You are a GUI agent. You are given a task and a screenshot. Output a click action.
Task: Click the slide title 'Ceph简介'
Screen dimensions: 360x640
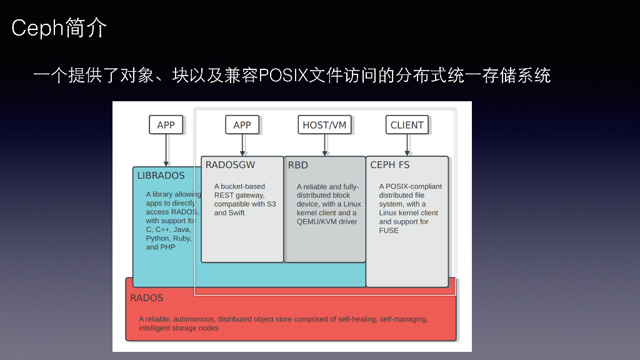point(59,28)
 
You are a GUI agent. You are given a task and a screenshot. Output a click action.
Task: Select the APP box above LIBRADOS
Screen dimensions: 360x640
point(166,125)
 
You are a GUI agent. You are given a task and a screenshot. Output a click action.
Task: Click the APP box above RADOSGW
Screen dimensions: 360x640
point(242,125)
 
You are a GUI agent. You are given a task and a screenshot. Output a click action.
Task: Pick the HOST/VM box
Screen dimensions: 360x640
point(324,125)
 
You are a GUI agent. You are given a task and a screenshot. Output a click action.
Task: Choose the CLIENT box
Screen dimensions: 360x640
point(407,125)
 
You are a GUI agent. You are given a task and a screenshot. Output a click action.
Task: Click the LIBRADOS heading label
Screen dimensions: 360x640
point(161,176)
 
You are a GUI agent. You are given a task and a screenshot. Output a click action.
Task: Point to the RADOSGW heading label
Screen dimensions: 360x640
point(231,165)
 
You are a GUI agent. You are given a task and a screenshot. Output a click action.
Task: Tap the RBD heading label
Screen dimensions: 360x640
point(298,165)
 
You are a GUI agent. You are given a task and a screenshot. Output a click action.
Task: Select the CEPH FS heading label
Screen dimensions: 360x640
point(390,165)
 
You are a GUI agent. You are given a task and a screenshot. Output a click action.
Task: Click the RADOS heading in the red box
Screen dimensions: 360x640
point(147,298)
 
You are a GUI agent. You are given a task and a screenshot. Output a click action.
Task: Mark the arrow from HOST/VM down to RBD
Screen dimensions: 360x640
point(324,145)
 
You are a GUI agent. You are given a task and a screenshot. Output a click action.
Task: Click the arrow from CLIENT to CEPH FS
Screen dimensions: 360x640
point(407,145)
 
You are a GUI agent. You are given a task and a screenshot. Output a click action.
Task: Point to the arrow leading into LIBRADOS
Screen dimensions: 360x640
point(166,150)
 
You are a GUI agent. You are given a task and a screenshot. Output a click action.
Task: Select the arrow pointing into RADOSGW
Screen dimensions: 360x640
point(242,145)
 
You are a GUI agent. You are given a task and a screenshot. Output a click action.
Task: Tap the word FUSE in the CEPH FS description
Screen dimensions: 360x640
point(389,231)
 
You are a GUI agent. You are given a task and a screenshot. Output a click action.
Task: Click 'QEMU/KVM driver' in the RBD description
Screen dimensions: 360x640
point(327,222)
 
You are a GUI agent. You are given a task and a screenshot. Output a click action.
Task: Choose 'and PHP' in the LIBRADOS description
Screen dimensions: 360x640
point(161,247)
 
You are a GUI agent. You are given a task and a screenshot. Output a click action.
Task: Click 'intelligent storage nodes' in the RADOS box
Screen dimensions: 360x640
point(179,328)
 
